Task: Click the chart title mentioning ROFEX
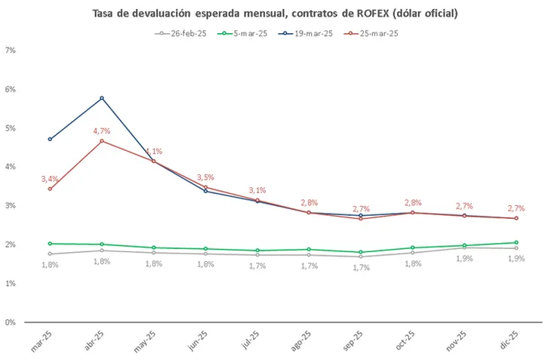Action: [x=275, y=14]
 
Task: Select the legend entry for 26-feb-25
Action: [x=183, y=34]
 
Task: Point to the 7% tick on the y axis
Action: [x=11, y=51]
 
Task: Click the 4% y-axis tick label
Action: [x=11, y=167]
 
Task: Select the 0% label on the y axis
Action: [x=11, y=322]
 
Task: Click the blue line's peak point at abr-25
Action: [x=102, y=98]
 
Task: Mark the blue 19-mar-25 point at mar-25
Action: [x=50, y=139]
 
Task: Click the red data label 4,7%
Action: [x=102, y=131]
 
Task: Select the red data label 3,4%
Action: [x=50, y=179]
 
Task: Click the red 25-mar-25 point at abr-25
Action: [x=102, y=141]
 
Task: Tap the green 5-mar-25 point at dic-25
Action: [x=516, y=242]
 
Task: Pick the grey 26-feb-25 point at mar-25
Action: [x=50, y=254]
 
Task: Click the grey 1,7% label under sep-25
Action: [x=361, y=267]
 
